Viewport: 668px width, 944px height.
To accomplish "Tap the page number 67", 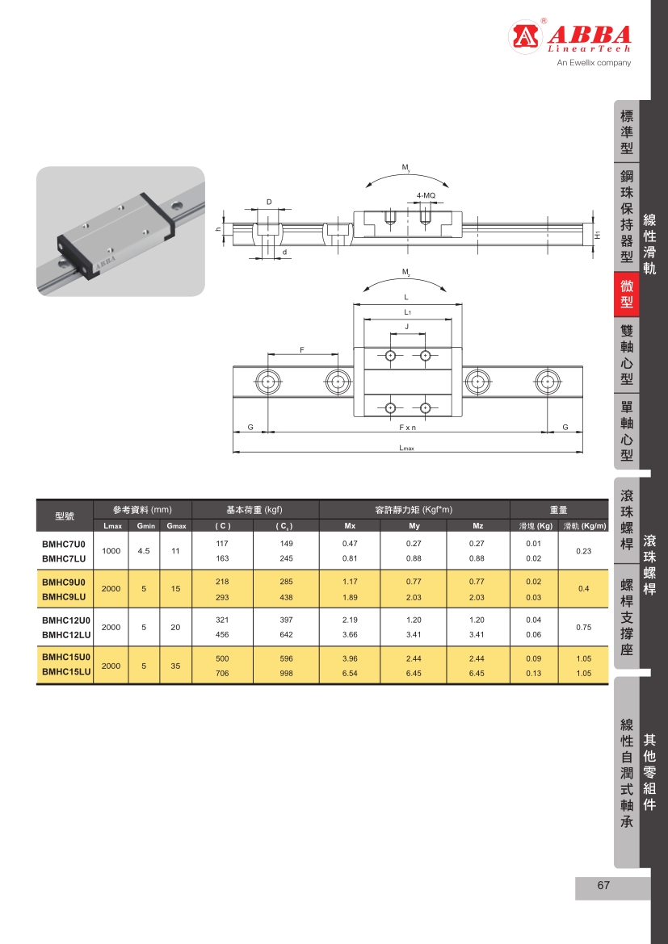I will pos(603,886).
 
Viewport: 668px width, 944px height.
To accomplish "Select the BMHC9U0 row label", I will pos(64,582).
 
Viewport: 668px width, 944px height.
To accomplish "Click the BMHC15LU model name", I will pos(65,672).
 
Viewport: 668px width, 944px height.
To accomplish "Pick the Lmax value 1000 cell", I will pos(111,550).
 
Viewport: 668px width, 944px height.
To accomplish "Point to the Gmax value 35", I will pos(176,666).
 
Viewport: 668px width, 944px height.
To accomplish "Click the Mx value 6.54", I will pos(350,673).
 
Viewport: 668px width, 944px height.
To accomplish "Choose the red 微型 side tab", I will pos(627,294).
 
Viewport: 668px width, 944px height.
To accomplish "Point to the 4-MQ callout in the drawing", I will pos(426,196).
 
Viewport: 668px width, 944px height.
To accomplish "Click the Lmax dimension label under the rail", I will pos(407,448).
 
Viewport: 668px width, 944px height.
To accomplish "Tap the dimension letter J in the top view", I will pos(406,326).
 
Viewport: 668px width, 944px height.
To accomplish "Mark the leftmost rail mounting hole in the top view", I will pos(267,381).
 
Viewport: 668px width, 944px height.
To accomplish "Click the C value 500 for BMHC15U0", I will pos(222,658).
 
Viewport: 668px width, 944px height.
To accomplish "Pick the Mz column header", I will pos(477,527).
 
